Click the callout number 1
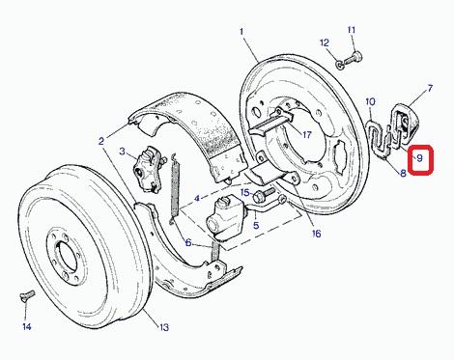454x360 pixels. (x=241, y=31)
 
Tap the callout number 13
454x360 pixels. (x=164, y=327)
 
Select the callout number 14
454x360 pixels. (x=27, y=327)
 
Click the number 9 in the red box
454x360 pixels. (x=419, y=158)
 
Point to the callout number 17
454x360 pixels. (x=307, y=134)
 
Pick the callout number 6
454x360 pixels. (x=188, y=242)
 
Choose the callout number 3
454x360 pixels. (x=122, y=151)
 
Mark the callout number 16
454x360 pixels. (x=316, y=234)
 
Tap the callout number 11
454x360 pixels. (x=352, y=30)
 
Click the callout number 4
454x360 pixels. (x=197, y=198)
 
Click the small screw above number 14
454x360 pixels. (x=27, y=294)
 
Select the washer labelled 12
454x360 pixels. (x=340, y=66)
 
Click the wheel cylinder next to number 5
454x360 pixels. (x=225, y=219)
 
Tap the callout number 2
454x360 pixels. (x=101, y=141)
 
